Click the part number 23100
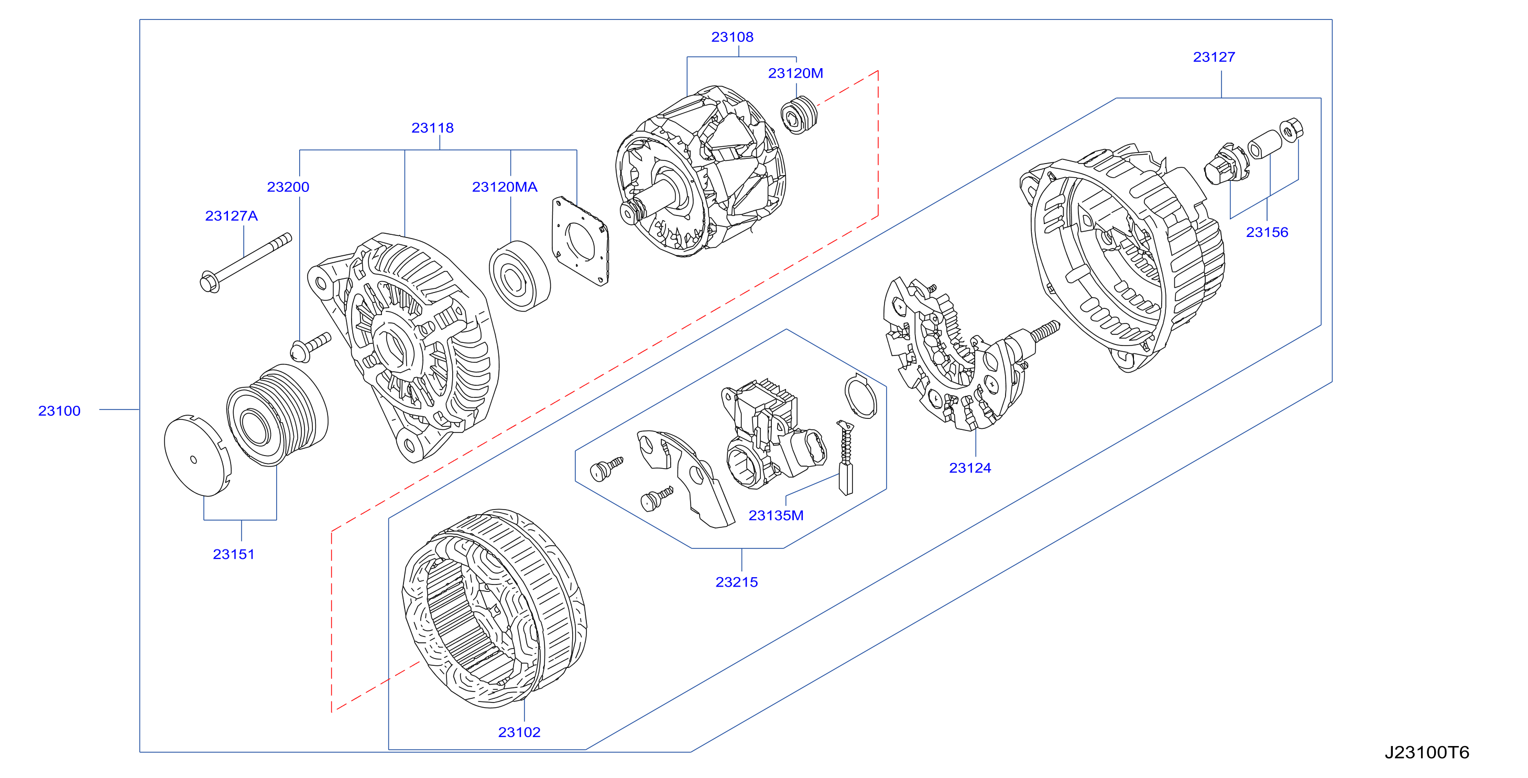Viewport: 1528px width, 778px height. click(x=59, y=410)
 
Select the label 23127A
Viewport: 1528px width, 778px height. click(x=231, y=216)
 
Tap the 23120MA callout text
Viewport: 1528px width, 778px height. click(x=505, y=187)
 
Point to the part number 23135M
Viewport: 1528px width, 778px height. click(x=776, y=516)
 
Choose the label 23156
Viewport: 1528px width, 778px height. click(x=1267, y=232)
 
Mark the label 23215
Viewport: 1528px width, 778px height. click(x=737, y=582)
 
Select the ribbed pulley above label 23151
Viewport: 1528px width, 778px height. click(x=277, y=415)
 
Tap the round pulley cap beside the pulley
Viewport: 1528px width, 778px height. click(x=197, y=456)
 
